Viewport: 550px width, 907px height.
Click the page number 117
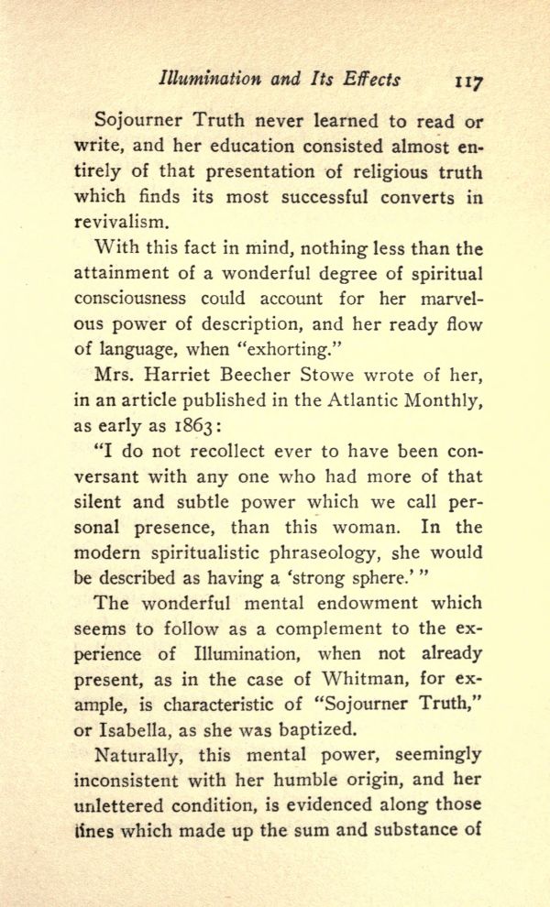pos(469,81)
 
